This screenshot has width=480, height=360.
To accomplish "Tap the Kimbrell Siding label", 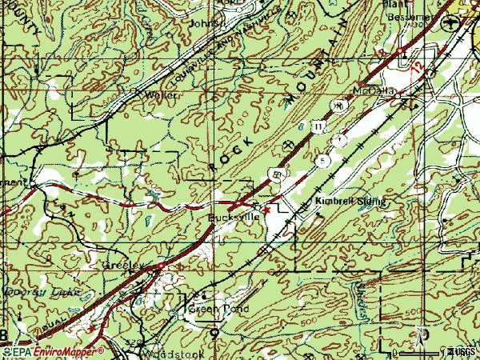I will click(350, 202).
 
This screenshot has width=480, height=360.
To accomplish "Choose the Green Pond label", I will click(212, 309).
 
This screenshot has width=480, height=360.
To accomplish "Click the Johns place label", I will click(202, 23).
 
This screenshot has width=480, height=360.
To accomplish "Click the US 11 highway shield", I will click(318, 126).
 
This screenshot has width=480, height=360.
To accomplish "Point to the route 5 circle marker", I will click(322, 160).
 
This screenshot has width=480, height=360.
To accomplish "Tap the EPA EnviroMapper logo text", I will click(53, 351).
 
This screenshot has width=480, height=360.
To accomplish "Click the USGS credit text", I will click(462, 352).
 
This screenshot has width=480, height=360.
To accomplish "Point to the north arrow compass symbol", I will click(417, 334).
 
